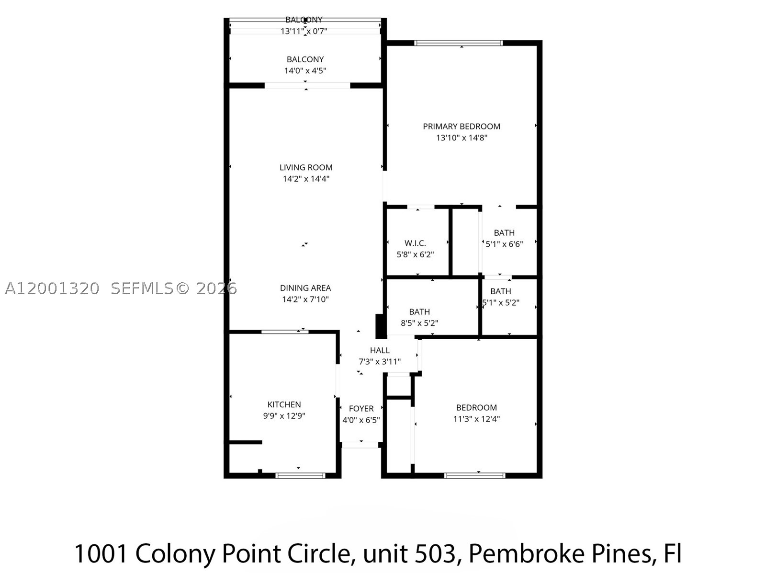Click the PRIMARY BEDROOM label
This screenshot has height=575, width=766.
[462, 126]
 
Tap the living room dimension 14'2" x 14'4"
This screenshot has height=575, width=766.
[306, 179]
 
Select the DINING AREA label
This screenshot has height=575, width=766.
[305, 288]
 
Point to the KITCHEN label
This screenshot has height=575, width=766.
[284, 404]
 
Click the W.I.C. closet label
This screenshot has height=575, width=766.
[415, 243]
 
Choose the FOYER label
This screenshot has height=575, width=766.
[361, 408]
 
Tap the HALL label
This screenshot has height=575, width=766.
[380, 350]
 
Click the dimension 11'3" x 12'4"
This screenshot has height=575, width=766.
[476, 419]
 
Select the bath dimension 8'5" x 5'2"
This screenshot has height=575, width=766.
[419, 323]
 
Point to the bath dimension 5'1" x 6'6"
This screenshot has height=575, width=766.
[504, 244]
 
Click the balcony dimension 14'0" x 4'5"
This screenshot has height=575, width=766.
[305, 70]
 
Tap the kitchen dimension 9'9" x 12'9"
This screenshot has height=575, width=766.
[284, 416]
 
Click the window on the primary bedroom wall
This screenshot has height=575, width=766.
[459, 43]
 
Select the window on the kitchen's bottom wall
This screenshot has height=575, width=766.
[300, 475]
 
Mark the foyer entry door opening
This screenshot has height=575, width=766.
[360, 445]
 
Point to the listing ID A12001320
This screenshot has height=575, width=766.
[52, 288]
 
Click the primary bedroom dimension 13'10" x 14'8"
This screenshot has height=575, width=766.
[462, 138]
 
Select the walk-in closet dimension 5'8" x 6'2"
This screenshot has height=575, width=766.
[415, 254]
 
